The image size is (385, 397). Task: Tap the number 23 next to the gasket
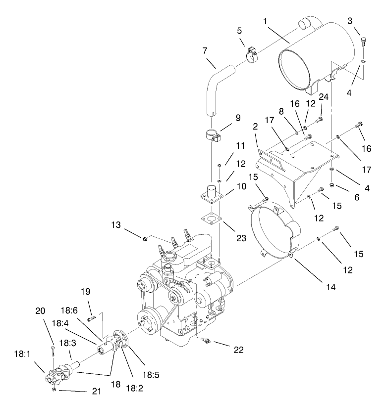click(x=241, y=237)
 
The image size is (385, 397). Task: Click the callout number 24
click(x=323, y=97)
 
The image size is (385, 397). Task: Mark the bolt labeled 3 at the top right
click(x=364, y=39)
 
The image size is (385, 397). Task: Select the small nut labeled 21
click(x=59, y=389)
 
